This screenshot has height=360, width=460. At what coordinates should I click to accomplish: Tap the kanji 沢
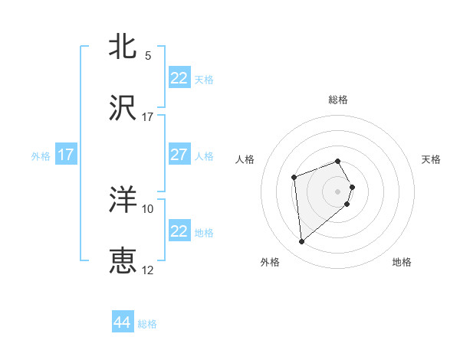tap(123, 109)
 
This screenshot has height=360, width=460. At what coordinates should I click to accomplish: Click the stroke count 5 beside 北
tap(148, 56)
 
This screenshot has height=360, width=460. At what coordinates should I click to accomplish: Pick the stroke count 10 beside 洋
tap(148, 209)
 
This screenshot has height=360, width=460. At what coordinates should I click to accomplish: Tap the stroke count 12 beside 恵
tap(148, 270)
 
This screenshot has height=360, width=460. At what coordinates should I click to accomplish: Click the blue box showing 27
tap(179, 155)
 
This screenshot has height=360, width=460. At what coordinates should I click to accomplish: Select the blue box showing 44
tap(123, 322)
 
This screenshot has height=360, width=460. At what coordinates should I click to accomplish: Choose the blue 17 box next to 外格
tap(66, 155)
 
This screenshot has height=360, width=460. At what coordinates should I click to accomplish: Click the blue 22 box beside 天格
tap(179, 78)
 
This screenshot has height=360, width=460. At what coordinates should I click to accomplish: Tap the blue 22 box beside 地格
tap(179, 231)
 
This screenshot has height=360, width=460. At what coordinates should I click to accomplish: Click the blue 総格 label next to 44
tap(147, 324)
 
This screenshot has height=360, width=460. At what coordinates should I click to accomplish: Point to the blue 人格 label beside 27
tap(204, 156)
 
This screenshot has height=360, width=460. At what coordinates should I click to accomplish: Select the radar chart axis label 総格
tap(338, 100)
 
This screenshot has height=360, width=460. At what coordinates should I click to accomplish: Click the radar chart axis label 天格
tap(431, 159)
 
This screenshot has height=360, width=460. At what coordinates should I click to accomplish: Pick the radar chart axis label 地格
tap(402, 262)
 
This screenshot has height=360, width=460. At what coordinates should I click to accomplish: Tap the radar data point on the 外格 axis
tap(302, 242)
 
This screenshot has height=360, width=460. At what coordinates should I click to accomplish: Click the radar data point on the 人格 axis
tap(294, 178)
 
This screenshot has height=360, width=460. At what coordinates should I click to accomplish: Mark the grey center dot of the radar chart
tap(338, 191)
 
